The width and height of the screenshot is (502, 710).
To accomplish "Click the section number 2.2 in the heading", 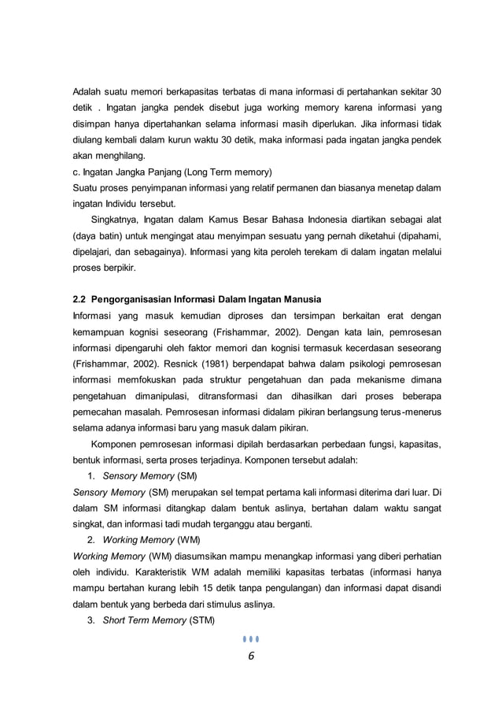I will pos(79,299).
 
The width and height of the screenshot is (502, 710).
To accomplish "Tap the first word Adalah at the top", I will pos(87,91).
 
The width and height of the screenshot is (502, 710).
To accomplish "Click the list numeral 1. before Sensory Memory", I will pos(91,476).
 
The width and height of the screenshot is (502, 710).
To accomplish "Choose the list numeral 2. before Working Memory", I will pos(91,540).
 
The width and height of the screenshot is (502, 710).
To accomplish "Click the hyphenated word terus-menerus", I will pos(410,412).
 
